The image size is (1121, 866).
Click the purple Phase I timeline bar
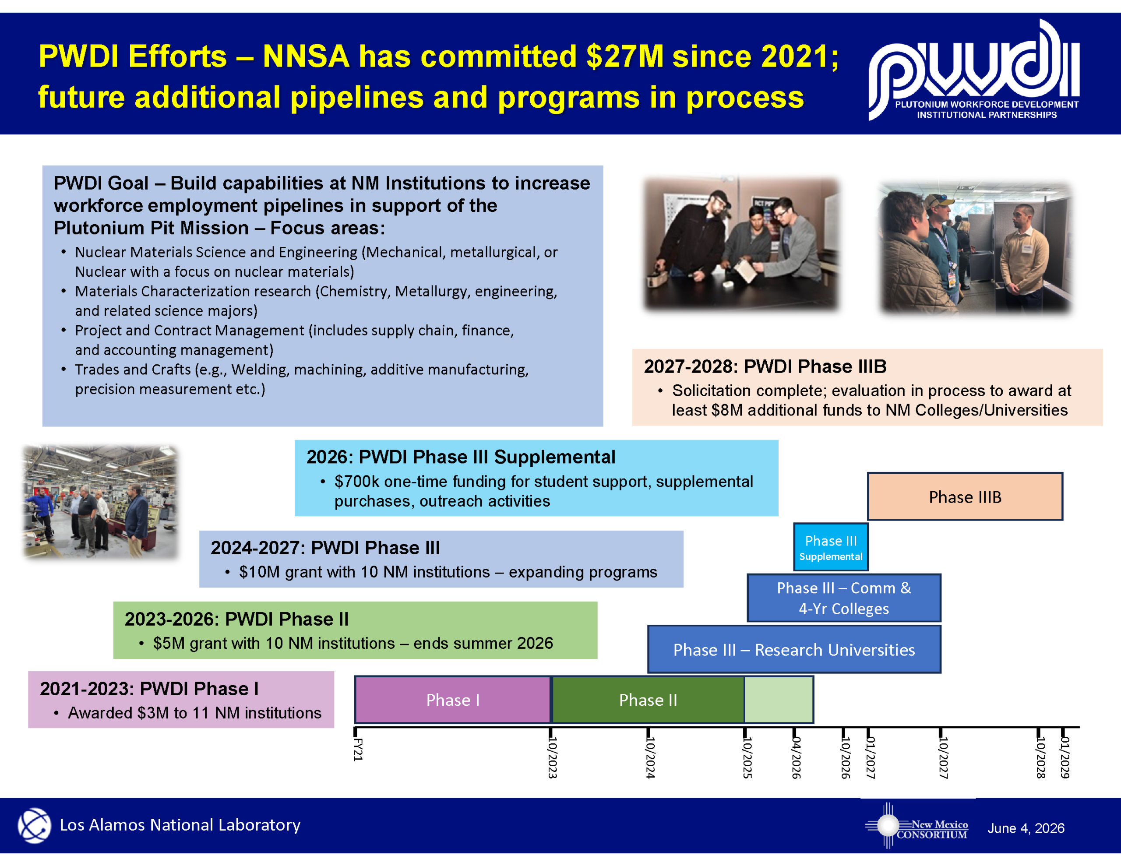tap(453, 700)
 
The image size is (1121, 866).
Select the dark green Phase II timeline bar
tap(648, 700)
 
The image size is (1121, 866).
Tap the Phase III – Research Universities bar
tap(794, 649)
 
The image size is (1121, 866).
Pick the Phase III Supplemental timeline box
tap(831, 547)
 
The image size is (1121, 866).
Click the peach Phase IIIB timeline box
tap(965, 496)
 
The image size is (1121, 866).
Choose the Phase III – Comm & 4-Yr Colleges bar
tap(844, 598)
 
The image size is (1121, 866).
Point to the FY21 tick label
tap(358, 750)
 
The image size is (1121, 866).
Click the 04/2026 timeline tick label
tap(796, 757)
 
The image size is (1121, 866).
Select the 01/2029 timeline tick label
tap(1065, 757)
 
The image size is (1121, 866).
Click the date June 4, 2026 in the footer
tap(1026, 828)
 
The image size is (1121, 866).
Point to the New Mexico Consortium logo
tap(917, 825)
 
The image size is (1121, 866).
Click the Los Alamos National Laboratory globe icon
tap(35, 825)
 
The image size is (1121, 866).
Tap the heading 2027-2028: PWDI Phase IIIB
tap(765, 366)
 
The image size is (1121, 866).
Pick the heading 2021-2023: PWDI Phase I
tap(149, 688)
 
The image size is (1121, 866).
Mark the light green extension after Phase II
tap(779, 700)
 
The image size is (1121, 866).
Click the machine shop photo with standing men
tap(101, 502)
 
